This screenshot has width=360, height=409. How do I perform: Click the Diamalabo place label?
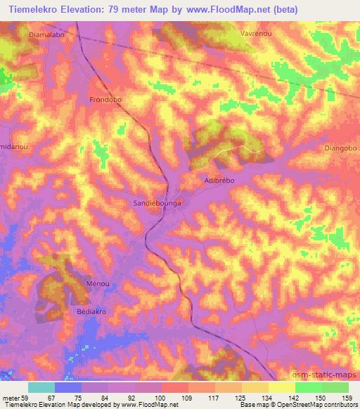point(48,33)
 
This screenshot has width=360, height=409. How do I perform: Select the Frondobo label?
point(105,100)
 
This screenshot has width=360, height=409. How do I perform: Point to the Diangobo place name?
point(341,148)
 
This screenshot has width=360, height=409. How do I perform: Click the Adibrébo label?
point(218,180)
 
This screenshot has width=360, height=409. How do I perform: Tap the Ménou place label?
point(98,283)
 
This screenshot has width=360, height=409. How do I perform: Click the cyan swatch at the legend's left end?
point(41,387)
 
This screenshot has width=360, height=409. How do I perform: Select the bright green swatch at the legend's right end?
point(335,387)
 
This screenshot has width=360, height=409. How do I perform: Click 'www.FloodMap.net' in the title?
point(229,10)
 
